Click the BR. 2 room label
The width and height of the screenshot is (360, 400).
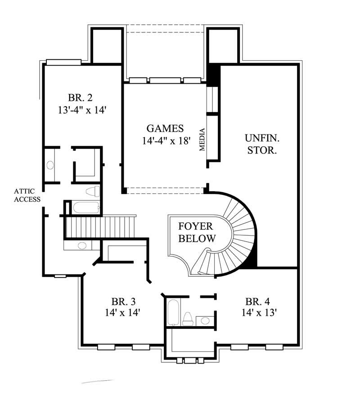coord(81,98)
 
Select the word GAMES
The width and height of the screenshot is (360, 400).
coord(165,128)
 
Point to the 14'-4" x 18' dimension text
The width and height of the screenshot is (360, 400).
coord(165,140)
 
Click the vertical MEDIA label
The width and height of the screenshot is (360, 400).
coord(202,139)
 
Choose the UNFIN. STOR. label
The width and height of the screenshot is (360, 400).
coord(261,144)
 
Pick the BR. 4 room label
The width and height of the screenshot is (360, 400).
coord(258,301)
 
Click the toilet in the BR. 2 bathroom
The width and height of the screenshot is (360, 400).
coord(92,191)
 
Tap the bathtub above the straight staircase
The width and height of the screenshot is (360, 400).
coord(85,208)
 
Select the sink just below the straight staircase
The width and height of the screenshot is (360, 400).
coord(81,246)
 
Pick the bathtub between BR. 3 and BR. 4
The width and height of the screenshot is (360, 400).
coord(173,313)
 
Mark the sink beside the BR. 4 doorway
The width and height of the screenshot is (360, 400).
coord(205,320)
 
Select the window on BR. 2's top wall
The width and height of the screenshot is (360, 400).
coord(63,62)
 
